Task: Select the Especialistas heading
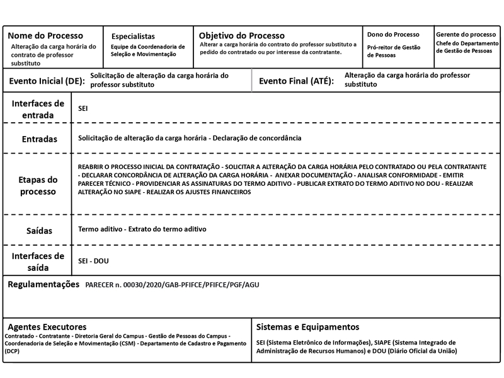pos(132,37)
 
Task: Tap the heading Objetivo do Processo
pos(242,35)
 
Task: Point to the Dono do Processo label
pos(392,34)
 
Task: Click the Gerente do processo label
pos(466,34)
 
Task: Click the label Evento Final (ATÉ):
pos(296,81)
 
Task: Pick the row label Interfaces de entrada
pos(38,109)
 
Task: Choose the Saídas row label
pos(38,231)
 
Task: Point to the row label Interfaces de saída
pos(38,261)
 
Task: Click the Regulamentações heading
pos(43,285)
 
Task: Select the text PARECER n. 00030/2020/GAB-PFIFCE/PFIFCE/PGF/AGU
pos(171,285)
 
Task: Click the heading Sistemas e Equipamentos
pos(307,327)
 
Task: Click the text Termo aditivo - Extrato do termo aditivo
pos(142,229)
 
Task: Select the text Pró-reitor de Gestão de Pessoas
pos(394,51)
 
